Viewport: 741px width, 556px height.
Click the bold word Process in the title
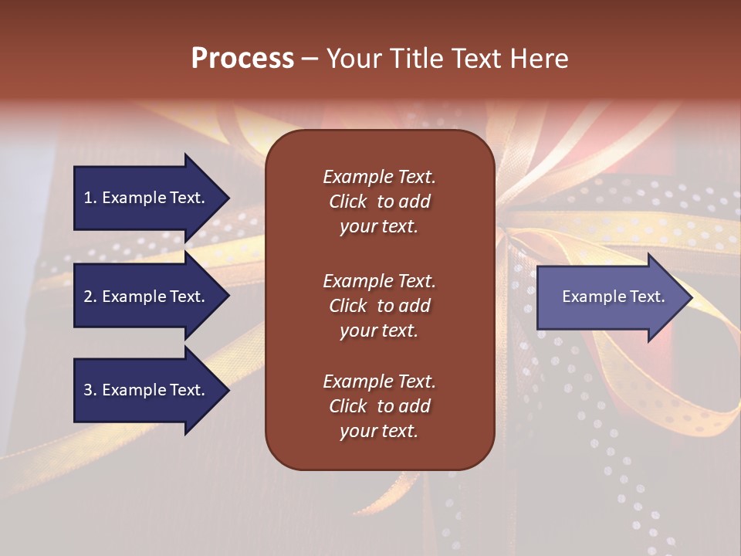tap(242, 59)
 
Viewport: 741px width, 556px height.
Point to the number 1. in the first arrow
tap(90, 198)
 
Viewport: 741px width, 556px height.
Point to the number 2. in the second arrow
tap(90, 297)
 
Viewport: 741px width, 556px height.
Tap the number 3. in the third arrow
tap(90, 390)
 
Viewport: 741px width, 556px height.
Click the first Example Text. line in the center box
tap(379, 177)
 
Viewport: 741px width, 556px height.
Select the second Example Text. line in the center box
tap(379, 281)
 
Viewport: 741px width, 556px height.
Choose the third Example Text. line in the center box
tap(379, 381)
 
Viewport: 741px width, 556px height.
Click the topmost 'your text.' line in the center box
tap(379, 227)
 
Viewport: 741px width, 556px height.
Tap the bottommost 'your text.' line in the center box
tap(379, 432)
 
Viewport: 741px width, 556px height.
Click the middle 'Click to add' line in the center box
tap(379, 306)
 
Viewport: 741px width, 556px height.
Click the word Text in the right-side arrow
tap(648, 297)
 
